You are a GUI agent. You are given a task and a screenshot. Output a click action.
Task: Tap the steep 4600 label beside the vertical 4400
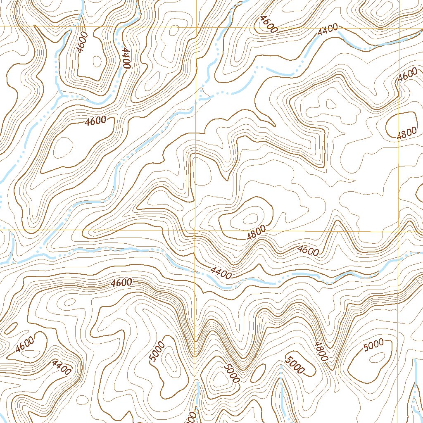pyautogui.click(x=81, y=43)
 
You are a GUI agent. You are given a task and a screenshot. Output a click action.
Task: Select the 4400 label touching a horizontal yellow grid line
pyautogui.click(x=328, y=29)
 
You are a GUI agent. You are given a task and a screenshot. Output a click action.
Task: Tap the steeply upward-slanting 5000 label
pyautogui.click(x=157, y=352)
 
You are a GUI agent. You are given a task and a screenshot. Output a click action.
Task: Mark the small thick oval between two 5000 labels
pyautogui.click(x=258, y=373)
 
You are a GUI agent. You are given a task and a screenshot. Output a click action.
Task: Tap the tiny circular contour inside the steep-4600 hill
pyautogui.click(x=97, y=61)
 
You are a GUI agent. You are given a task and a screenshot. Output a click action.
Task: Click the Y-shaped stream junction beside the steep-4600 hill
pyautogui.click(x=62, y=95)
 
